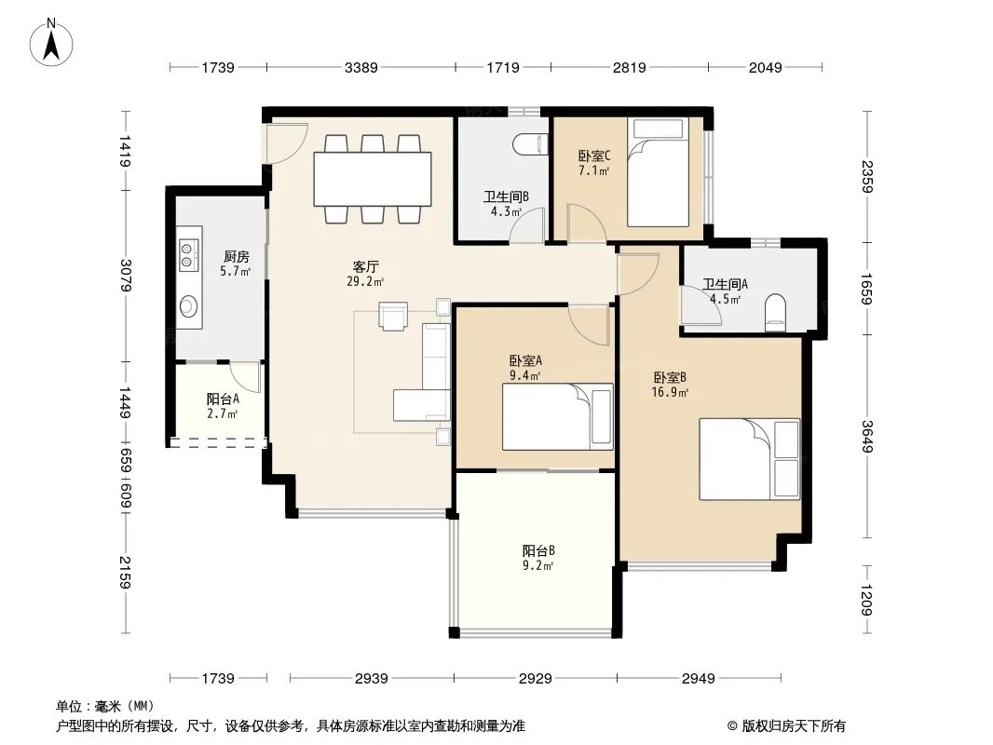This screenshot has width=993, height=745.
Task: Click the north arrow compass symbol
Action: click(x=51, y=43)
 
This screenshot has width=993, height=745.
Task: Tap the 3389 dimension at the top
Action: click(x=361, y=67)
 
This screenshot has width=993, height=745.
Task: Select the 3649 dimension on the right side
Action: click(x=867, y=437)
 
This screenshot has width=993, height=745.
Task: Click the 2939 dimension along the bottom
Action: click(x=371, y=679)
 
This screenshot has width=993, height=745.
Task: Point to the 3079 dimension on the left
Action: click(x=126, y=276)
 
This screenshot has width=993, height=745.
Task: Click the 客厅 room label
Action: click(x=365, y=266)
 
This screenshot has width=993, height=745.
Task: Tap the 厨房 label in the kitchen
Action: click(x=237, y=256)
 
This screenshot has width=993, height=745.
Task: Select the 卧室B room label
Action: click(x=670, y=377)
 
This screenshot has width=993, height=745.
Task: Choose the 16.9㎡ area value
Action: click(x=670, y=392)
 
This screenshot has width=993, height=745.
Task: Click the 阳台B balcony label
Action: click(x=538, y=550)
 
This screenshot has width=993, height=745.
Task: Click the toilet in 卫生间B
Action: click(x=531, y=144)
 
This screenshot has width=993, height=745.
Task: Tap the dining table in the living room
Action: click(x=373, y=179)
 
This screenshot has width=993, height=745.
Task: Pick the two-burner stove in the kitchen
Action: click(x=188, y=254)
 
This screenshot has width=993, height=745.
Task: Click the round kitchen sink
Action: click(x=188, y=306)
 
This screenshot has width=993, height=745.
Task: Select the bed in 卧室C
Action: click(x=659, y=172)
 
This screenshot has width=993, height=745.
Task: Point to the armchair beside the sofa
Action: click(x=393, y=315)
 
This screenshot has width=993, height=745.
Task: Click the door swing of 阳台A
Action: click(x=245, y=377)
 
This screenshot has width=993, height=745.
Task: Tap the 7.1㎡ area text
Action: click(x=593, y=171)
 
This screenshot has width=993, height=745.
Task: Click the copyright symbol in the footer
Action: click(x=732, y=726)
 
